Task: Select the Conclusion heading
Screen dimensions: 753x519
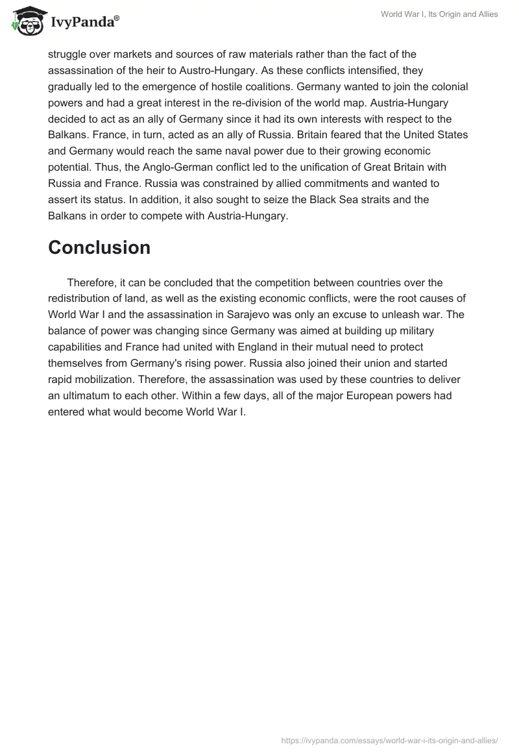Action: coord(99,247)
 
